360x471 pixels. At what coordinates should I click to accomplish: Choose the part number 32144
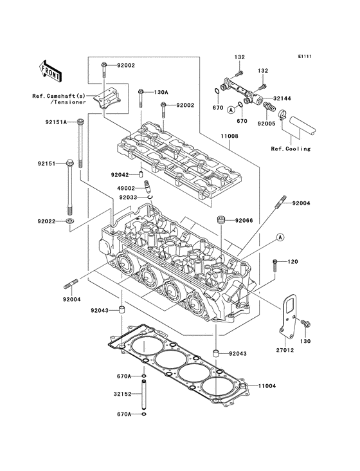282,98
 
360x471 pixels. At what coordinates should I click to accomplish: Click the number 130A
161,92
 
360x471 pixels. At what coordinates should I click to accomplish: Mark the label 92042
120,174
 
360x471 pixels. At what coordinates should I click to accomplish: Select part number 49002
126,188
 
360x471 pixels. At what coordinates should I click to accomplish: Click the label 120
292,262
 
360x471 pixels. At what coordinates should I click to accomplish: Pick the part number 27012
285,351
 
